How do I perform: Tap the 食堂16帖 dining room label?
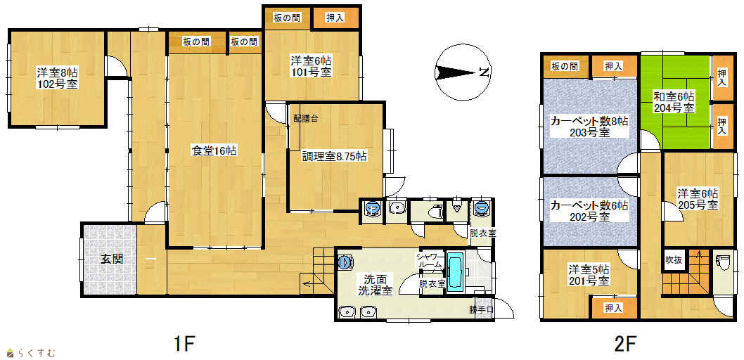pos(214,151)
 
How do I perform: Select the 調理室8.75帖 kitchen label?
pos(334,156)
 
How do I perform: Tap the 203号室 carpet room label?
pos(590,132)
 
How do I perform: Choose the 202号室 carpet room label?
pos(590,217)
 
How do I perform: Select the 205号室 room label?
pos(697,205)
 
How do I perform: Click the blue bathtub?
pos(454,274)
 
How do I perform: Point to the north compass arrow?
pos(454,72)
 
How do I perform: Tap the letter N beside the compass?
pos(484,72)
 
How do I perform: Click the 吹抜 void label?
pos(674,259)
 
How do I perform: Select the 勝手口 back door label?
pos(482,310)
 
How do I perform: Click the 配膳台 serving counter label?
pos(307,119)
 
